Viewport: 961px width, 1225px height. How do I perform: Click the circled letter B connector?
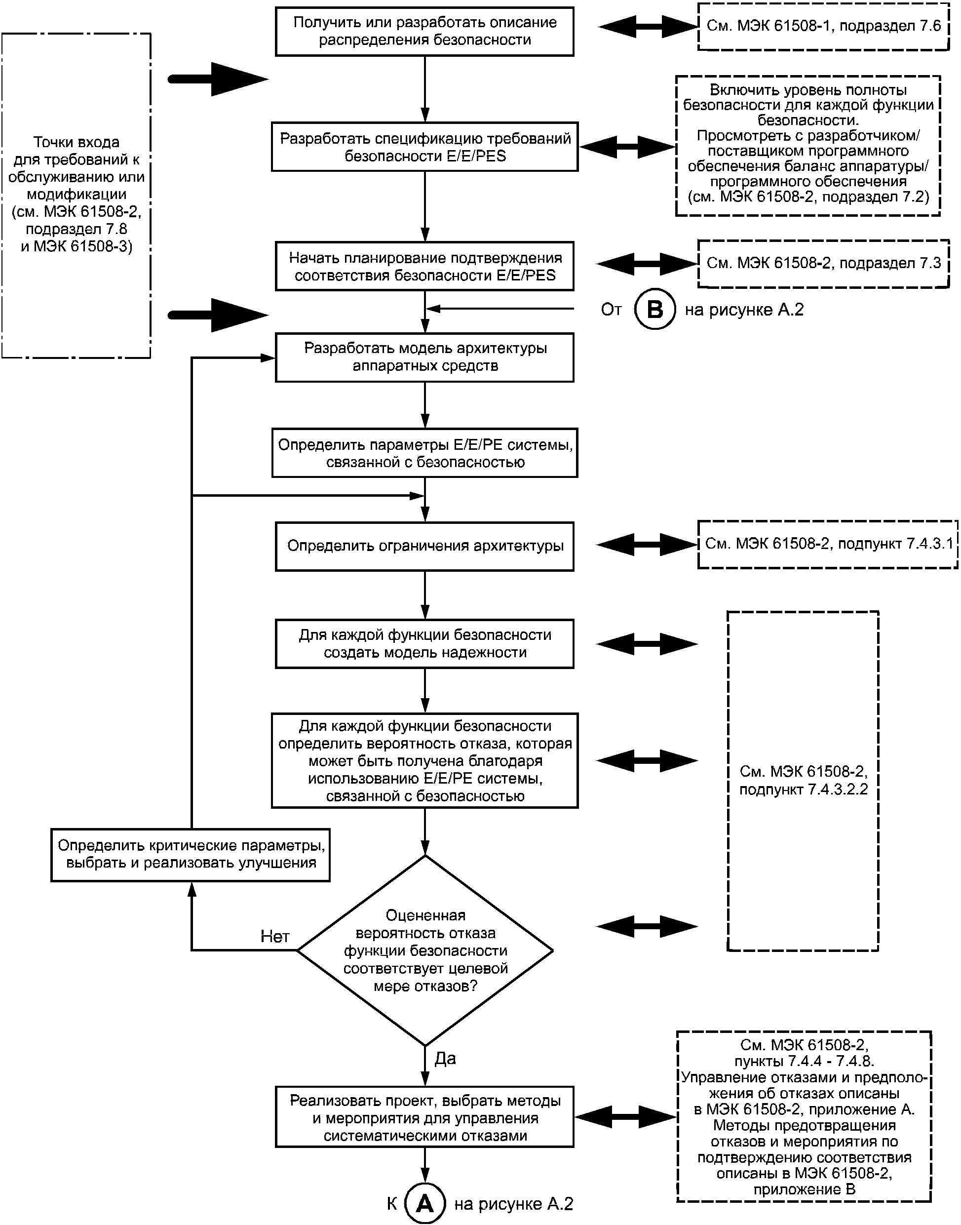654,309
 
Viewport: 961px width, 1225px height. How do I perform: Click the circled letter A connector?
425,1204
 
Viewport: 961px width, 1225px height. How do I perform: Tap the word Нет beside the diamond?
274,936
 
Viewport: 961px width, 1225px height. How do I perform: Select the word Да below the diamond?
445,1059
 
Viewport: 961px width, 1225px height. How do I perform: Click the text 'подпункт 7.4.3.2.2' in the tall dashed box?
804,789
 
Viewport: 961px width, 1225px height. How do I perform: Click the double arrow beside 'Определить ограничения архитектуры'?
647,544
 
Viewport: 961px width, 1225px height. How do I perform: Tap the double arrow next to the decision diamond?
647,926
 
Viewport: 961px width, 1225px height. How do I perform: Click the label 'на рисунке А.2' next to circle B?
744,310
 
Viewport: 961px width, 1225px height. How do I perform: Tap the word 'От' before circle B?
611,310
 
